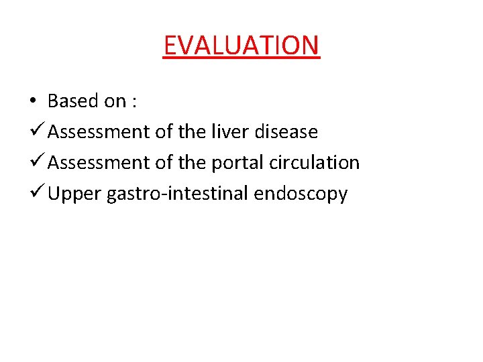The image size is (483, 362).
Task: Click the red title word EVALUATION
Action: (x=241, y=46)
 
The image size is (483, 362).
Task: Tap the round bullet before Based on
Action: (x=33, y=102)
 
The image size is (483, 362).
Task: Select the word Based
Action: (x=73, y=101)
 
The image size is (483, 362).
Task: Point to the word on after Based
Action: (x=115, y=102)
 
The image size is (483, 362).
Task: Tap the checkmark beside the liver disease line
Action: (x=37, y=131)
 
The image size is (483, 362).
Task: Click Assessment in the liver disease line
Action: (x=99, y=132)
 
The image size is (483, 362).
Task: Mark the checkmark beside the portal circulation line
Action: (x=37, y=162)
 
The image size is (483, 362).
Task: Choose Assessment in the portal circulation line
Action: (x=99, y=163)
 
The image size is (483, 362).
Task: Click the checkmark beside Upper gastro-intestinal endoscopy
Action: (x=37, y=193)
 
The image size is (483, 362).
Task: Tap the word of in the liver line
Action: (x=164, y=132)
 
